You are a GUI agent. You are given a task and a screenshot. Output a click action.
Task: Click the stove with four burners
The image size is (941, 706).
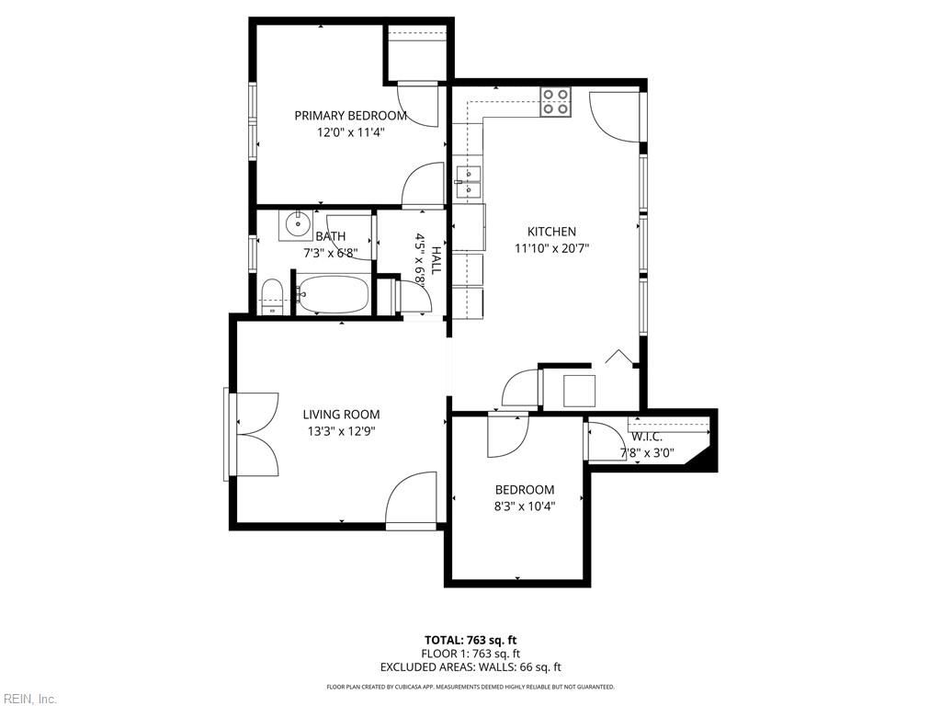[555, 101]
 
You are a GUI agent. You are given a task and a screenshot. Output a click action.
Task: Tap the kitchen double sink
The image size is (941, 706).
[468, 181]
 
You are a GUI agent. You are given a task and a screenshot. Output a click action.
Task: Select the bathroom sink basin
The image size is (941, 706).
[297, 224]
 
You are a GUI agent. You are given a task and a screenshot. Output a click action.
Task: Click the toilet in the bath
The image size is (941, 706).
[272, 297]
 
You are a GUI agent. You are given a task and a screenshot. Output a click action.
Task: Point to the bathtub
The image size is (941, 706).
[333, 295]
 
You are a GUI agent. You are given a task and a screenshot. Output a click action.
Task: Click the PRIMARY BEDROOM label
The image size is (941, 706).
[350, 116]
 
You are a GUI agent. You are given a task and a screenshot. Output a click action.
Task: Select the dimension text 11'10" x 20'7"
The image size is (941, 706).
[551, 248]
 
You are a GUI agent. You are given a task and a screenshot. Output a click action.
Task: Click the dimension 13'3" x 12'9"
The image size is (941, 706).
[341, 431]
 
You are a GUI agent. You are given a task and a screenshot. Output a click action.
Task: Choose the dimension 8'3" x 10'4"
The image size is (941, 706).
[525, 506]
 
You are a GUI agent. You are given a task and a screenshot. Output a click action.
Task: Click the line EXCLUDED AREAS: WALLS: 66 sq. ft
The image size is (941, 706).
[470, 667]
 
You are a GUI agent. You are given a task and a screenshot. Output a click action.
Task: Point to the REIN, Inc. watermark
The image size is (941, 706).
[29, 699]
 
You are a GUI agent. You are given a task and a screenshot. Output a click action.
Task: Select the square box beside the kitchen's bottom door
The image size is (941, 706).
[579, 391]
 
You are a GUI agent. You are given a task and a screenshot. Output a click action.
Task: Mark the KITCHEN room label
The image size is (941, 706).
[551, 232]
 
